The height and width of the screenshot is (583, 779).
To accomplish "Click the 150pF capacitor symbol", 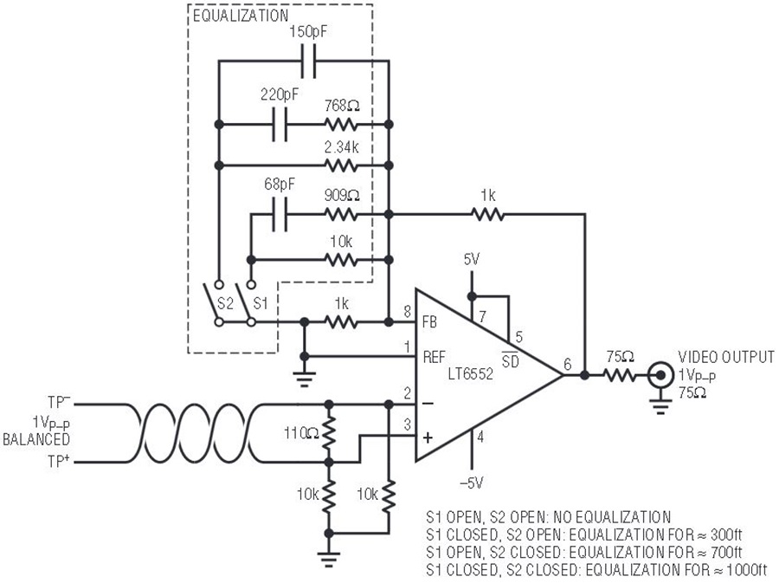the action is tap(308, 62).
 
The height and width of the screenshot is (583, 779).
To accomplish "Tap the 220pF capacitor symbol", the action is tap(280, 124).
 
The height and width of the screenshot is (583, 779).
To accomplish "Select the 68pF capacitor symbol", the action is tap(280, 215).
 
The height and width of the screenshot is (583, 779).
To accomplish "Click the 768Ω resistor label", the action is tap(342, 106).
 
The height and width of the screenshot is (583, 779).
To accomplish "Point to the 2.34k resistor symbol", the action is tap(341, 165).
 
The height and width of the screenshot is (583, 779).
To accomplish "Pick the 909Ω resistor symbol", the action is tap(341, 215).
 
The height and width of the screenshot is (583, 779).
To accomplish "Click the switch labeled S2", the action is tap(218, 303).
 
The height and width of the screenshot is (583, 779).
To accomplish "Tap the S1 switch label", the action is tap(261, 302).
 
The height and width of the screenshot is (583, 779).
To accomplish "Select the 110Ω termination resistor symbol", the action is tap(328, 433).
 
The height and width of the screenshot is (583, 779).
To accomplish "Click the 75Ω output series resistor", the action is tap(620, 375).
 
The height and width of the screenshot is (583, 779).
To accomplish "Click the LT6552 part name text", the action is tap(471, 373).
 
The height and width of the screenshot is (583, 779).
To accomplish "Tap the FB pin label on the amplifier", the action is tap(429, 322).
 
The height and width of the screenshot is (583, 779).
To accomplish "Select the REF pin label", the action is tap(435, 357).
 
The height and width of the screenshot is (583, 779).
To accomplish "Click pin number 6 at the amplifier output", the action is tap(567, 365).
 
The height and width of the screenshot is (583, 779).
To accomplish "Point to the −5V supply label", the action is tap(471, 483).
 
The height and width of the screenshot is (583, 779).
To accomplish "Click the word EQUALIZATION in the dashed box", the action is tap(241, 16).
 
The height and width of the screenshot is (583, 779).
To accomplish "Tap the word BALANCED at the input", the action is tap(36, 439).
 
